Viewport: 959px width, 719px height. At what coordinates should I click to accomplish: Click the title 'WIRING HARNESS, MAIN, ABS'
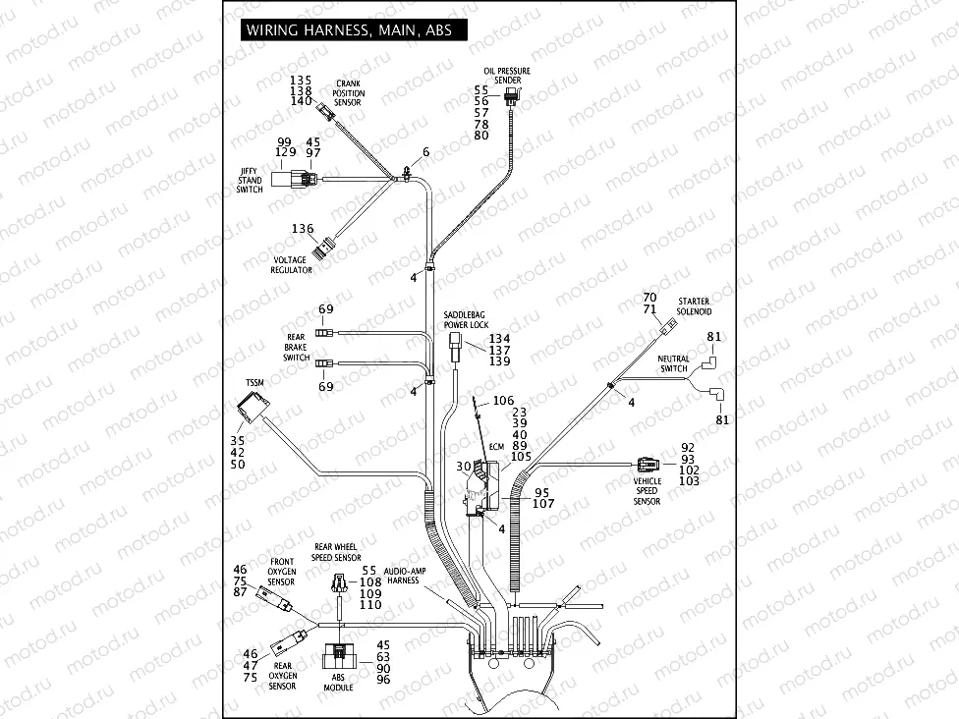349,29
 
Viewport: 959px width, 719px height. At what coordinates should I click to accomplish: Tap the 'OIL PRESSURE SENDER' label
507,76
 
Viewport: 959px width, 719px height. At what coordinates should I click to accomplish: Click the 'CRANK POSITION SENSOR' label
348,92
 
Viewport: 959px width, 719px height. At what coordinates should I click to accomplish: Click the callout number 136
302,229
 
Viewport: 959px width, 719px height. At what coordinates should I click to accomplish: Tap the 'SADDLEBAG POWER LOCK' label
465,318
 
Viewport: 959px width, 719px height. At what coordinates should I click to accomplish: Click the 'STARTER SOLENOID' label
693,304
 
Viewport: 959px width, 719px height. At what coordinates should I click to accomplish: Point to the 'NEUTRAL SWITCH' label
673,364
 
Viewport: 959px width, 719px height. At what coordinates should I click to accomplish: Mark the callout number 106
503,400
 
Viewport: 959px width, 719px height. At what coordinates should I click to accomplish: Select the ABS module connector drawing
341,656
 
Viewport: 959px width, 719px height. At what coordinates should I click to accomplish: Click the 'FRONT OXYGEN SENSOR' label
281,571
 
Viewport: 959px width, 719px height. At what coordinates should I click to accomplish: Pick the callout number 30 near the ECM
462,466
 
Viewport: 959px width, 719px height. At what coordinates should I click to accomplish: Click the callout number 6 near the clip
426,151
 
